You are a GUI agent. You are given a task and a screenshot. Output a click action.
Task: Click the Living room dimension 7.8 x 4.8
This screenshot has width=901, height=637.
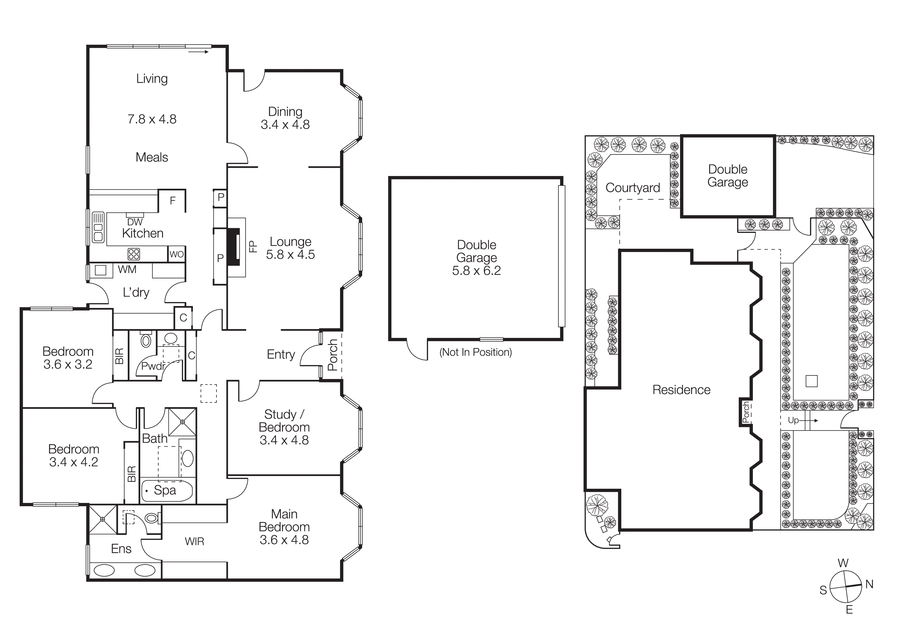[x=152, y=119]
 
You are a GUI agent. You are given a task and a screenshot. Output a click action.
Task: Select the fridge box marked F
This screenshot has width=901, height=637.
[x=172, y=201]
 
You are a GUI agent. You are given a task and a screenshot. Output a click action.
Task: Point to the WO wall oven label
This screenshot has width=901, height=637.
[x=176, y=254]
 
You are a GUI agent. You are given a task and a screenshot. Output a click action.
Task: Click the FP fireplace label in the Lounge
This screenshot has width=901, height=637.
[x=253, y=246]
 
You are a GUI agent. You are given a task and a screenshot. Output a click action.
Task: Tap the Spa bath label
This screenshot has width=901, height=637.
[x=165, y=490]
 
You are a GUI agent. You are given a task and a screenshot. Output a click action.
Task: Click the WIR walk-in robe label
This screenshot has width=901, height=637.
[x=194, y=542]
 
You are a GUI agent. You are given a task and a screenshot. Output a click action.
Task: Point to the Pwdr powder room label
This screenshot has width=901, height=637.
[x=153, y=366]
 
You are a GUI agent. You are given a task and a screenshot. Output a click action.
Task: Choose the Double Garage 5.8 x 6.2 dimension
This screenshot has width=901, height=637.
[x=476, y=270]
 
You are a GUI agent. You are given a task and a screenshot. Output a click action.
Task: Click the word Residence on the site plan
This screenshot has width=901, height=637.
[x=681, y=390]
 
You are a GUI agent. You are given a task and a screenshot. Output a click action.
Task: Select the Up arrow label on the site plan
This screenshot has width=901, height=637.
[x=793, y=420]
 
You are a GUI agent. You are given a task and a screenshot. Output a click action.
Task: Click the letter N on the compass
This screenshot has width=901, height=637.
[x=869, y=584]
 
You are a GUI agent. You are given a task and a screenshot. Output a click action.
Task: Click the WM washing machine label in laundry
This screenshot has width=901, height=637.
[x=127, y=270]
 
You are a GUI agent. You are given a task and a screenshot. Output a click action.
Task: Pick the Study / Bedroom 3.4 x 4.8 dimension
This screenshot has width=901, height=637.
[x=284, y=440]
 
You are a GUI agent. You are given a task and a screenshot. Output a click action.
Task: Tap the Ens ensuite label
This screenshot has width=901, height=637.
[x=121, y=549]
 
